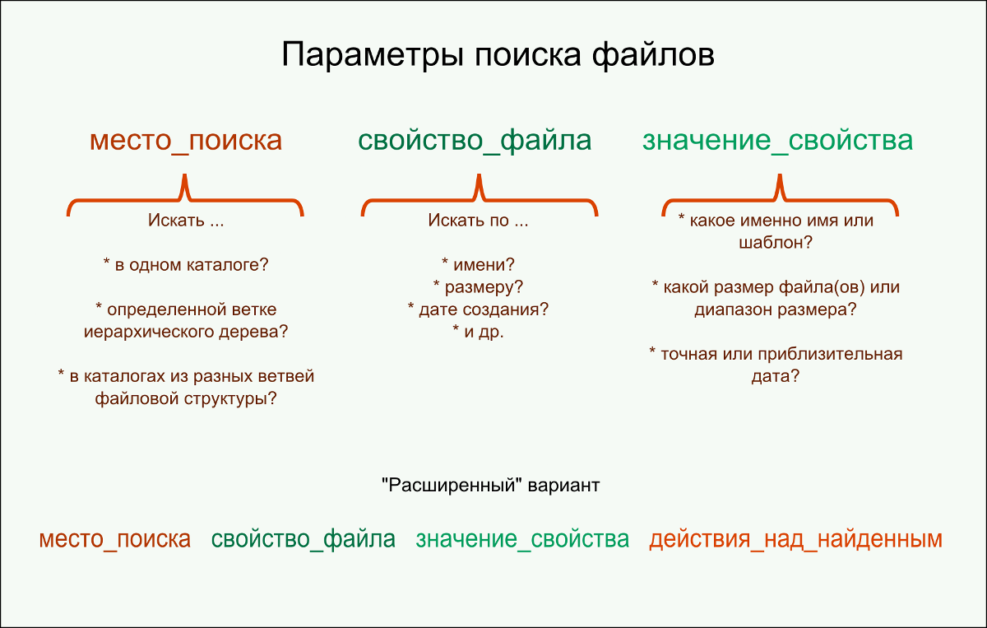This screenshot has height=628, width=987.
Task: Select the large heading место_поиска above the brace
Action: [x=186, y=140]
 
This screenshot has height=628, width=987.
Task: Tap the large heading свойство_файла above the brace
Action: [x=475, y=140]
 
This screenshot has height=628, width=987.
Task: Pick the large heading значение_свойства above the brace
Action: [x=777, y=140]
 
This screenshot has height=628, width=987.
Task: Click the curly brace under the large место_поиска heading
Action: [x=185, y=198]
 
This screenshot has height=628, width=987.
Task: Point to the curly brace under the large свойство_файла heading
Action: [x=480, y=198]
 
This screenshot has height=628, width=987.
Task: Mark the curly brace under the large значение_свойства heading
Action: [x=781, y=198]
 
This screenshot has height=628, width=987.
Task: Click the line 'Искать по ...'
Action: [x=478, y=221]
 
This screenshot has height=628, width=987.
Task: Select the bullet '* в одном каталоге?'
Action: [x=186, y=265]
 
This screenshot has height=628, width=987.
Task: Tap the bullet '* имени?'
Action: [x=478, y=265]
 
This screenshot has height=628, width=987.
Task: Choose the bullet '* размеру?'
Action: [x=478, y=287]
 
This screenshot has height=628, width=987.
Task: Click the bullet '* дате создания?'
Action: [x=478, y=309]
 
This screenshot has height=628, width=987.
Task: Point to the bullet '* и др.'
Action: [x=478, y=332]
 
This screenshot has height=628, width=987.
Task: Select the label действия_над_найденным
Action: [x=795, y=540]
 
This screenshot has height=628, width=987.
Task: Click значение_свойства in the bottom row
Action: [x=522, y=540]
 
